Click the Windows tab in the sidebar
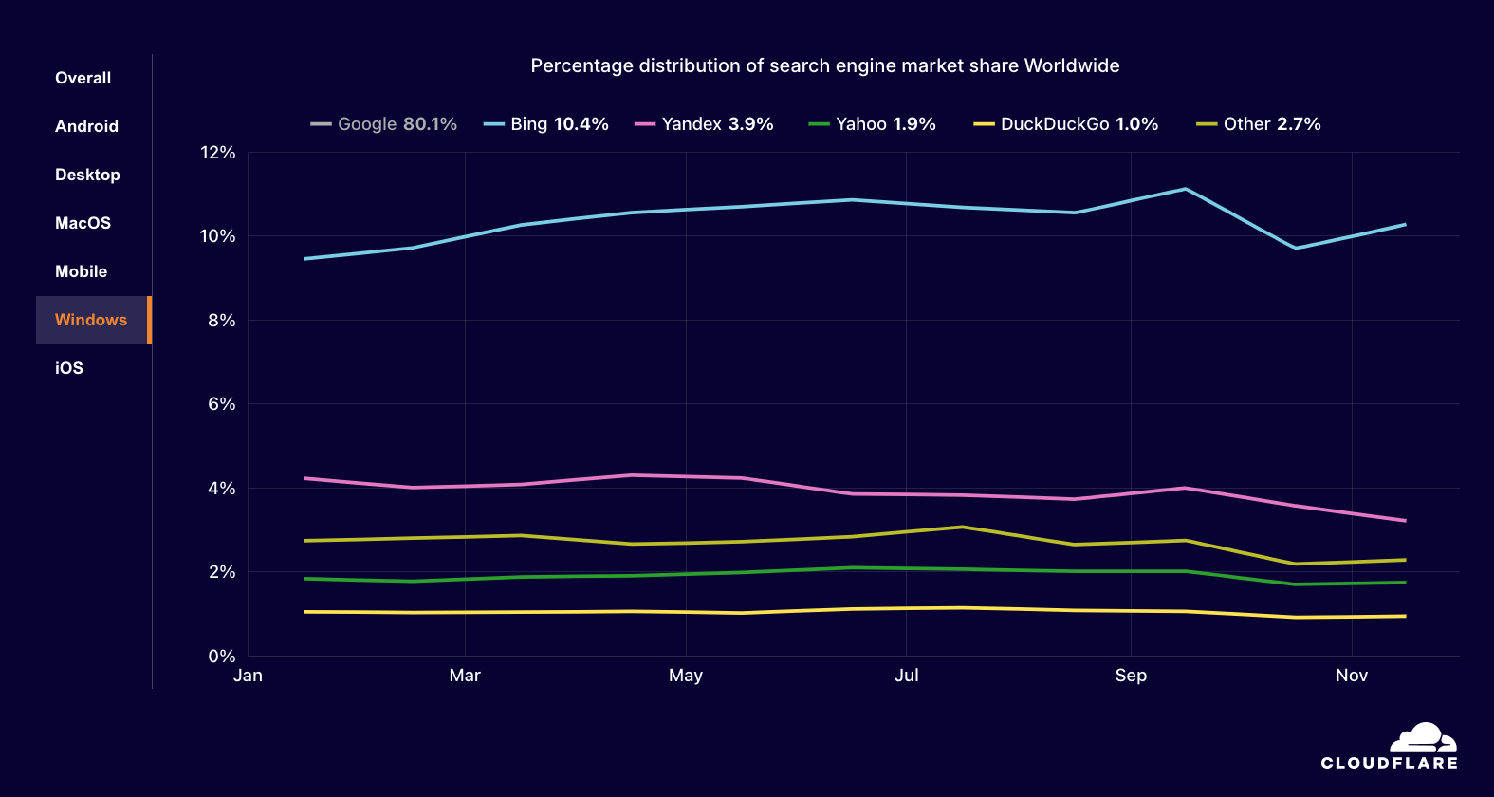tap(91, 320)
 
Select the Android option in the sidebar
tap(86, 126)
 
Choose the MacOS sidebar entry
tap(83, 223)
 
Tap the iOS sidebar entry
tap(69, 368)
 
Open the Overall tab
tap(83, 78)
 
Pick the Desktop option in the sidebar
tap(87, 175)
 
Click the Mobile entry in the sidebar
tap(81, 271)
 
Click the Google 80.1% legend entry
tap(384, 124)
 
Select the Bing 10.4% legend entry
tap(546, 124)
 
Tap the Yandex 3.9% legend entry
tap(705, 124)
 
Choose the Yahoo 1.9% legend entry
tap(873, 124)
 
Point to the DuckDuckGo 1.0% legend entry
tap(1066, 124)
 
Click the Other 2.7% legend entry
tap(1259, 124)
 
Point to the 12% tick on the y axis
tap(217, 153)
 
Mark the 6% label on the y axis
tap(221, 404)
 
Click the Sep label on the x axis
tap(1131, 676)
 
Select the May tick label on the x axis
tap(686, 676)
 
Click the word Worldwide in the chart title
tap(1072, 65)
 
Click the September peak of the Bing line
tap(1185, 189)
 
